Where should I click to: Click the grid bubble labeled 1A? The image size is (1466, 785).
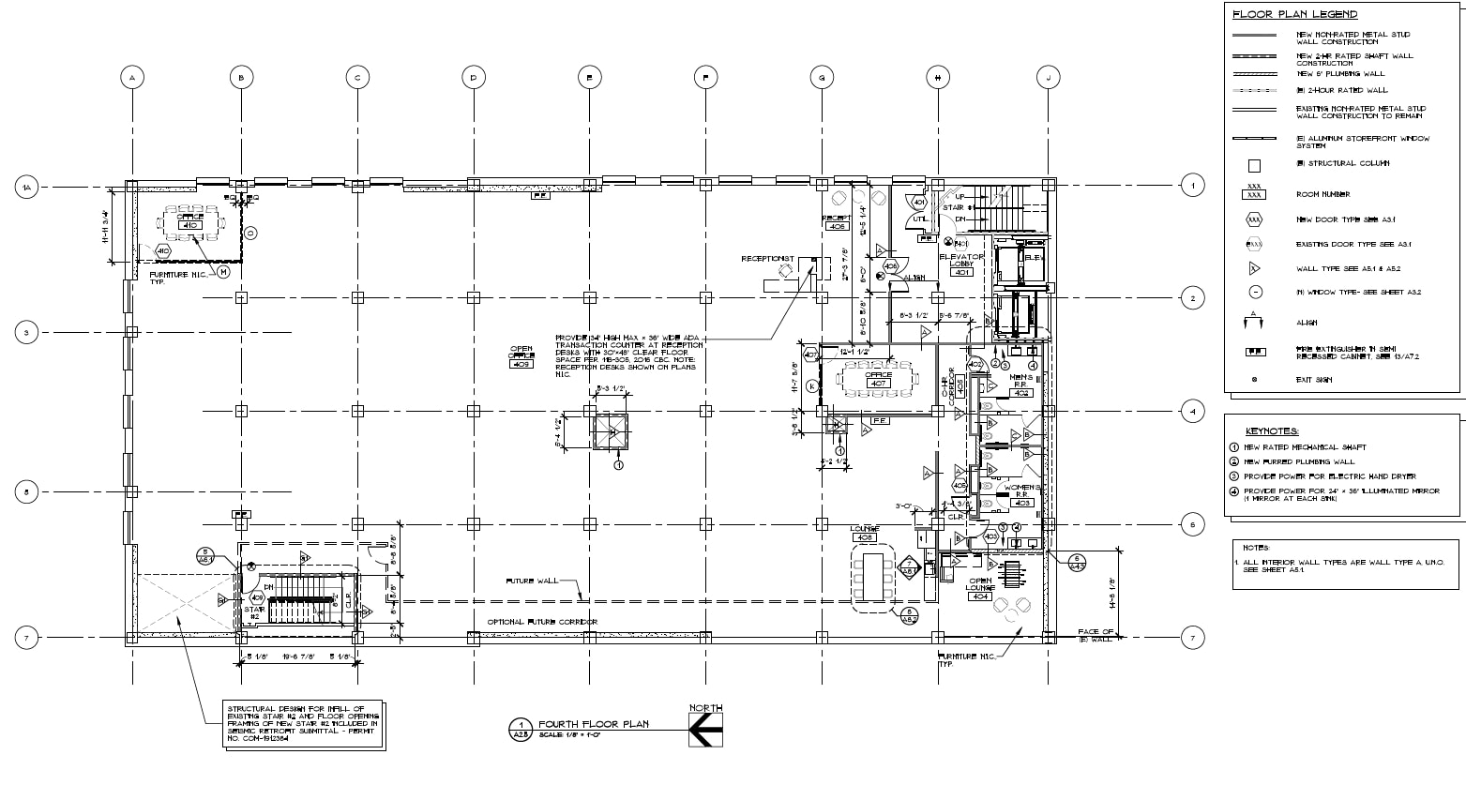point(27,189)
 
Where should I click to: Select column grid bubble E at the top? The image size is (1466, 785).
point(590,78)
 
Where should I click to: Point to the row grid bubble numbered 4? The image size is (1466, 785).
point(1192,411)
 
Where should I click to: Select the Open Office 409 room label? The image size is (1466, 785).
point(521,357)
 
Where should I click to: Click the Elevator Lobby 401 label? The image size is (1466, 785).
point(961,264)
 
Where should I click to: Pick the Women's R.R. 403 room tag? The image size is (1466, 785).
point(1021,496)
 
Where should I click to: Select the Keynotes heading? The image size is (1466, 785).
point(1271,431)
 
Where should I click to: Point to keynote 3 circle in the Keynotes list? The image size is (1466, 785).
point(1235,476)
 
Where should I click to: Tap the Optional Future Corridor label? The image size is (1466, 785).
point(542,623)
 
